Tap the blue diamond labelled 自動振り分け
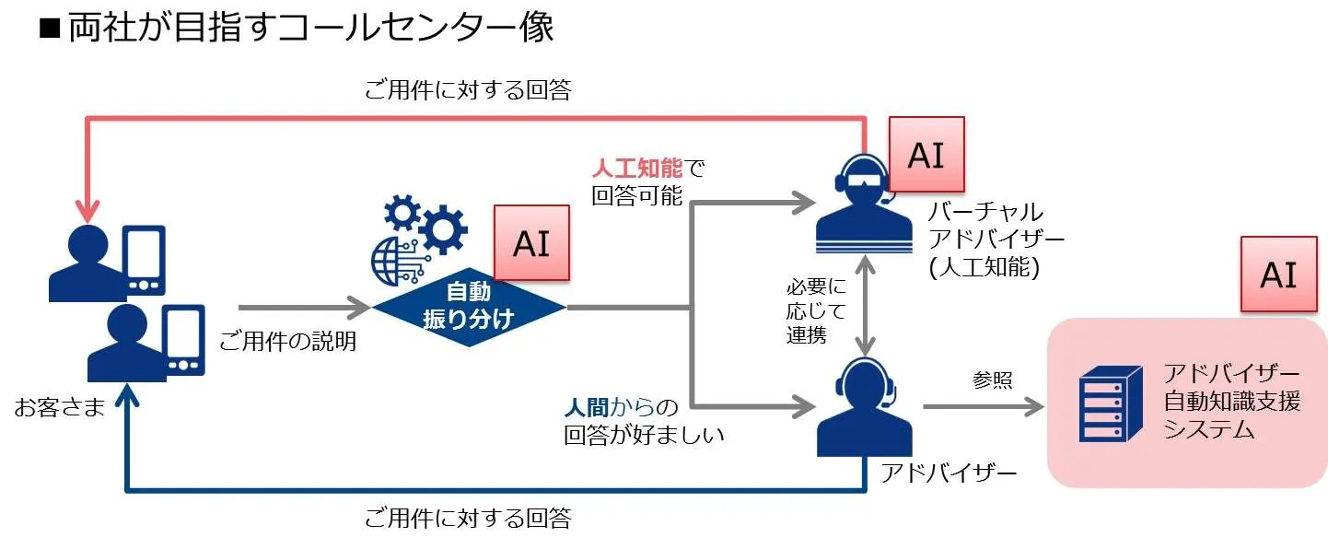(469, 307)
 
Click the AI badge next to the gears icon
(531, 243)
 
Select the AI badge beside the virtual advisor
(926, 155)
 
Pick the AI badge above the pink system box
(1278, 274)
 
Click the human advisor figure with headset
(864, 406)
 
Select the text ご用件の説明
(288, 343)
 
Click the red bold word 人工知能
(636, 169)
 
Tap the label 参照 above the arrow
(993, 379)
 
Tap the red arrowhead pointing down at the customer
(87, 211)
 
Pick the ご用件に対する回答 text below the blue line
(468, 518)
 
